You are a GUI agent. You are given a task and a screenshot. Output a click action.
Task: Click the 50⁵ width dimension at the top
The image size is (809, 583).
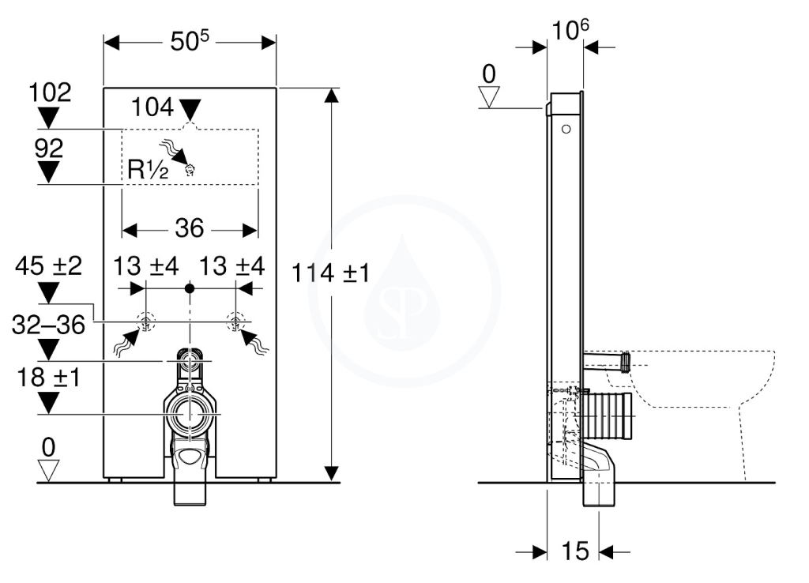pos(190,41)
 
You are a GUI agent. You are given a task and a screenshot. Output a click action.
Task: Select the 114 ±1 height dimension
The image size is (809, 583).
pos(331,273)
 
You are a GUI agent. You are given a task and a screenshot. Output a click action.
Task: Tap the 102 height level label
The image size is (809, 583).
pos(50,93)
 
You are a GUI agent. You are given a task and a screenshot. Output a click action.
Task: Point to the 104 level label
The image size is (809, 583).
pos(152,107)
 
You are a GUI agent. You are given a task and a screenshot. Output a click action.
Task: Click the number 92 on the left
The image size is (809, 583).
pos(48,149)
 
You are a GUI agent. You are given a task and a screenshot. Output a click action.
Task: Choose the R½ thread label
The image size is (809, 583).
pos(148,169)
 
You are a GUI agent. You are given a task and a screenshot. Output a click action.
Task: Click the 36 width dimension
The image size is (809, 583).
pos(190,228)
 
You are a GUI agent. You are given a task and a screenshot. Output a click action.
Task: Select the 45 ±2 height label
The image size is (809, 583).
pos(48,266)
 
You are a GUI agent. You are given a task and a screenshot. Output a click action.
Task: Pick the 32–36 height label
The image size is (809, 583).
pos(48,325)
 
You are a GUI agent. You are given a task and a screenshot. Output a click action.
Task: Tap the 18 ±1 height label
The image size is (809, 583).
pos(48,378)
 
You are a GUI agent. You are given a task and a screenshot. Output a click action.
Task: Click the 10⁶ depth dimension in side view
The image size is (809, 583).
pos(570,29)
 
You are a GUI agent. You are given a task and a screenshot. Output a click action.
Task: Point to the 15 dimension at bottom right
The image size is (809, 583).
pos(575,551)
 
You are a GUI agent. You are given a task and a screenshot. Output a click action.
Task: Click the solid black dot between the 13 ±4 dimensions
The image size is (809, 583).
pos(190,288)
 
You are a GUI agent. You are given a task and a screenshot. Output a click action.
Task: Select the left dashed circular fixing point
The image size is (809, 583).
pos(145,322)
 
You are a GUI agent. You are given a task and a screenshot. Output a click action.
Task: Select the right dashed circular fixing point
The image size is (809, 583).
pos(235,322)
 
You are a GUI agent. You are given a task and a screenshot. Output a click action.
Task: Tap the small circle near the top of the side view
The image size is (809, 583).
pos(566,129)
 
